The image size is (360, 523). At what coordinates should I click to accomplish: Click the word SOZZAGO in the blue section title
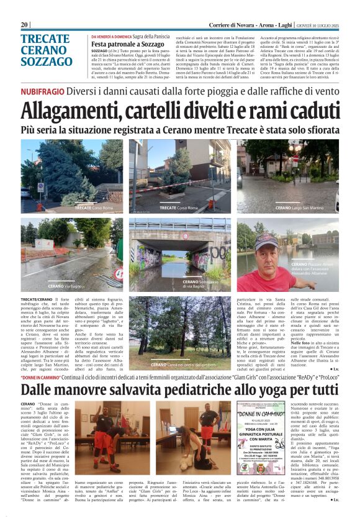pos(47,61)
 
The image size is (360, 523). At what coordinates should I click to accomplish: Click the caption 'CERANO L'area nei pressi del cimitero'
pos(184,364)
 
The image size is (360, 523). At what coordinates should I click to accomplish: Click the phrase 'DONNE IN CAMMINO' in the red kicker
pos(40,378)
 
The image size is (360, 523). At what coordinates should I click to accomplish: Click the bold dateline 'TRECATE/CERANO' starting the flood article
pos(36,299)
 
